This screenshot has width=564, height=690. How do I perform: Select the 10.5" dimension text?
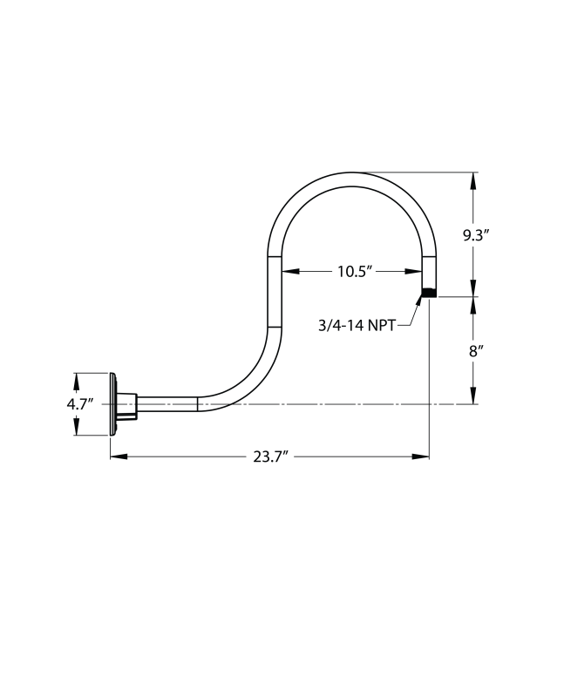pyautogui.click(x=355, y=271)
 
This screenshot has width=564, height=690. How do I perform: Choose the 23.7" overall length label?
pyautogui.click(x=270, y=457)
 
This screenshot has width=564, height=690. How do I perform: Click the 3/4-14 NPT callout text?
pyautogui.click(x=357, y=325)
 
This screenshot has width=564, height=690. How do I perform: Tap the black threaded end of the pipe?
pyautogui.click(x=428, y=293)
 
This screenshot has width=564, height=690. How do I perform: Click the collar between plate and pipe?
pyautogui.click(x=126, y=404)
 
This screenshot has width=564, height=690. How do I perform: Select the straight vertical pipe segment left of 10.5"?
pyautogui.click(x=275, y=291)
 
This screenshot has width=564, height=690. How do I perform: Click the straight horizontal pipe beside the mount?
pyautogui.click(x=167, y=404)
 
